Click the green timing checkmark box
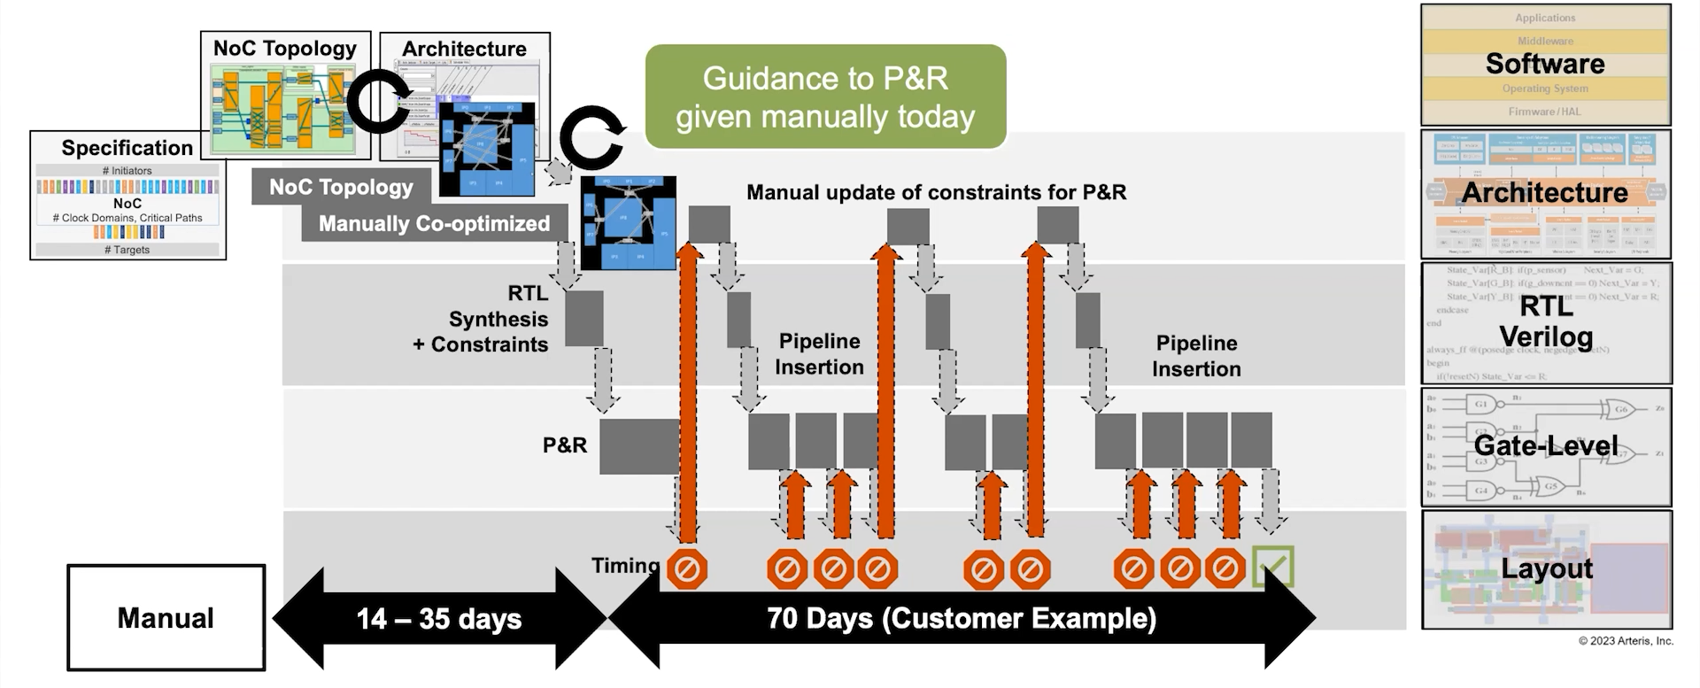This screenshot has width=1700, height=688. click(1273, 567)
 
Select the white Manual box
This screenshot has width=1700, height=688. click(166, 618)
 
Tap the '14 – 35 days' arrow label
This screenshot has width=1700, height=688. click(439, 618)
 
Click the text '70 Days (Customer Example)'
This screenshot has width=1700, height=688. click(962, 617)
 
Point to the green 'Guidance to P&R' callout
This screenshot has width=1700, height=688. click(825, 97)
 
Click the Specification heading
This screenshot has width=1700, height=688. click(127, 148)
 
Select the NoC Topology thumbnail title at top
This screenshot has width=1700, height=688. click(285, 49)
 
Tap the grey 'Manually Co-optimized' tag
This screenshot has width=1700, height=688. click(434, 224)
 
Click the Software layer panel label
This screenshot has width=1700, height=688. click(1545, 64)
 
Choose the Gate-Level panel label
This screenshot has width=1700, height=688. click(1545, 445)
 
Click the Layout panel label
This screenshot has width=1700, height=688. click(1546, 568)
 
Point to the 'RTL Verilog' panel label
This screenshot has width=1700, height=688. click(1546, 321)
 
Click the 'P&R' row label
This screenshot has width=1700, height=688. click(565, 445)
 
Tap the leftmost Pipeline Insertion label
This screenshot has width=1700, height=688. click(819, 354)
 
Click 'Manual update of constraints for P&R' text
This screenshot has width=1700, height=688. click(936, 192)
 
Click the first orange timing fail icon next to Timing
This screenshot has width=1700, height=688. click(686, 569)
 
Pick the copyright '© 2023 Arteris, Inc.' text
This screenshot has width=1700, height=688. click(1626, 641)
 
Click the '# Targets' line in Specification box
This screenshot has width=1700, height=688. click(127, 250)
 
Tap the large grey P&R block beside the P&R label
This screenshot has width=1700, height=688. click(637, 446)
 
